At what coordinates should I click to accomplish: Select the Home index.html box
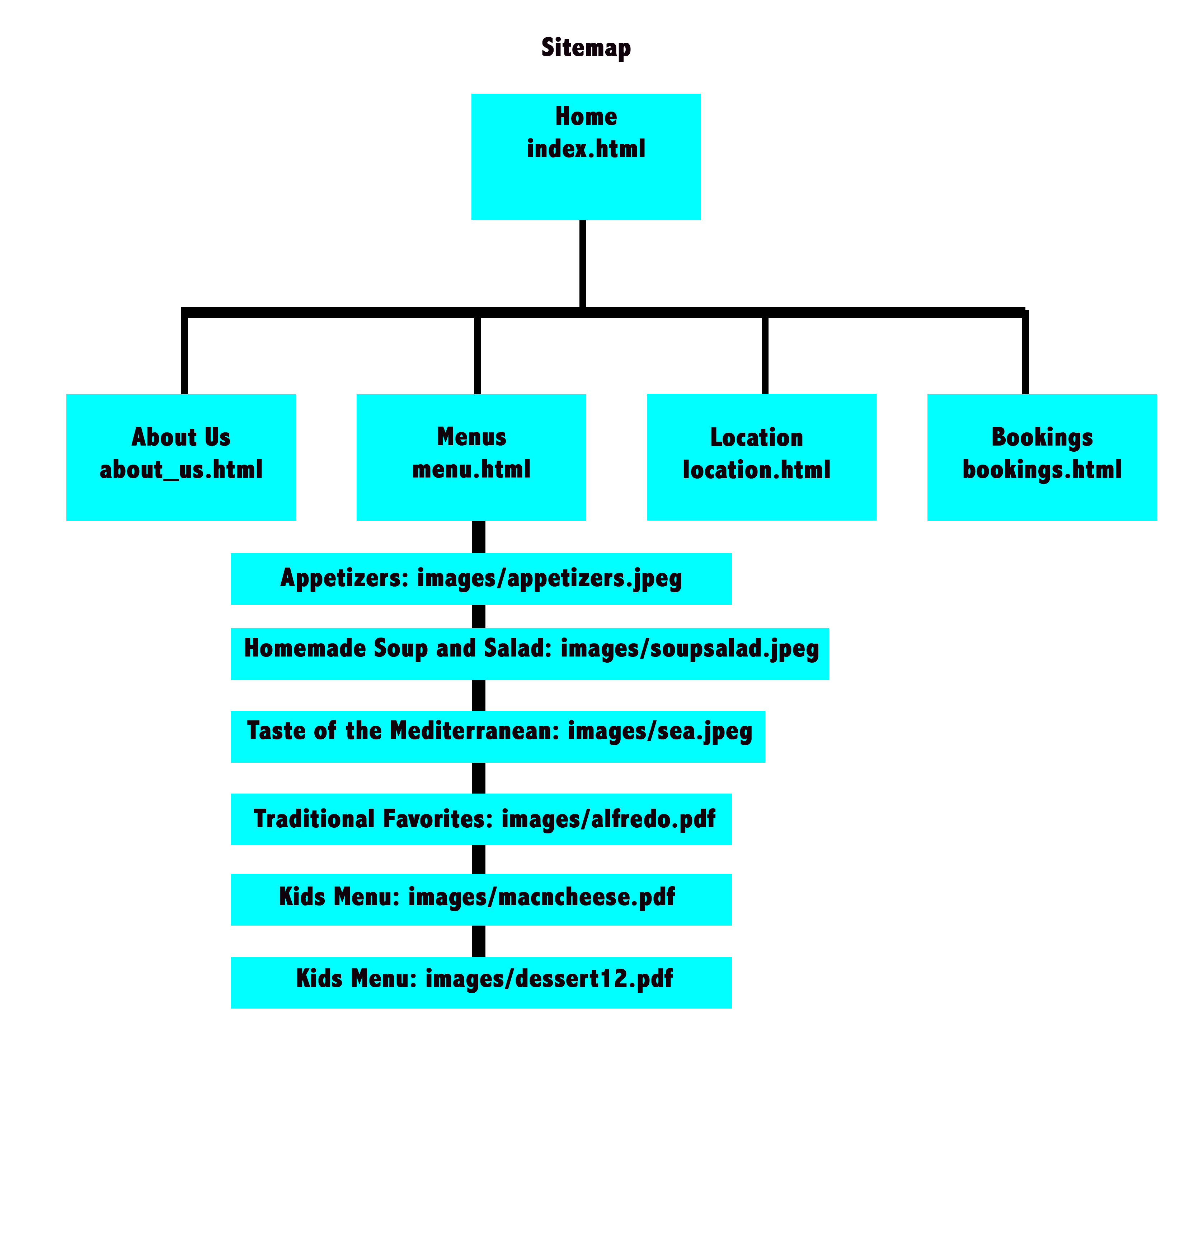[586, 156]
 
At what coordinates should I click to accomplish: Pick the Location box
[762, 457]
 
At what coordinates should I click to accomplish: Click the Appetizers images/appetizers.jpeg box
[481, 579]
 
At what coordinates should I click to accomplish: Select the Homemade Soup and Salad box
[530, 654]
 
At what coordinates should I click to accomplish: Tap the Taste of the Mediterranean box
[498, 737]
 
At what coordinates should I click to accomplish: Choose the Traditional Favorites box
[481, 819]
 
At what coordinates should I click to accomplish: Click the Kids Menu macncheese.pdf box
[481, 899]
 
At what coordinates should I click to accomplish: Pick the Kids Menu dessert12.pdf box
[481, 982]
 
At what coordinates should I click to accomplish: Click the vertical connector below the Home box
[583, 264]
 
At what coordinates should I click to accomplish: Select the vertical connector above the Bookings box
[1025, 353]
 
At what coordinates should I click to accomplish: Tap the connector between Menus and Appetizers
[478, 537]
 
